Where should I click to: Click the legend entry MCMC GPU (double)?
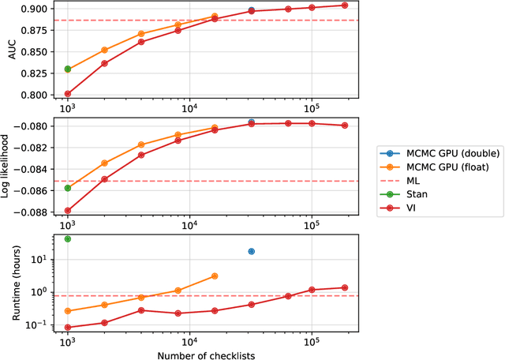(x=433, y=153)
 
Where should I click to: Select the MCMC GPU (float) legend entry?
(x=431, y=166)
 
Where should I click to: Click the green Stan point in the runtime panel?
(x=67, y=238)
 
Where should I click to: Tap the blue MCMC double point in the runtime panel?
(x=252, y=251)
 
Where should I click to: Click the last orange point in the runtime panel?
(x=215, y=276)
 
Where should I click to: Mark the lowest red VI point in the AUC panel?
(x=67, y=94)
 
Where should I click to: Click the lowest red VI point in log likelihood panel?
(x=67, y=211)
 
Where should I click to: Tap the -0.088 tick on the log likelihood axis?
(x=37, y=212)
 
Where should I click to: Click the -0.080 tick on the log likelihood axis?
(x=37, y=126)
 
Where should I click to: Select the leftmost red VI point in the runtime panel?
(x=67, y=327)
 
